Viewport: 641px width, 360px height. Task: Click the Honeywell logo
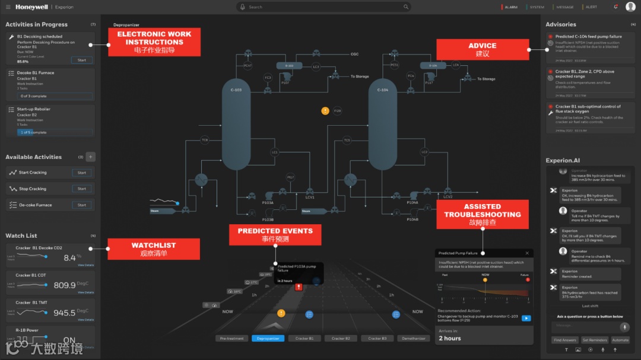click(31, 7)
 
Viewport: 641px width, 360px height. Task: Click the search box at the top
click(323, 7)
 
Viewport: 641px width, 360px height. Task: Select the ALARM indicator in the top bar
click(510, 7)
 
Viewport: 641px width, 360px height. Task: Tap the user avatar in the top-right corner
click(630, 7)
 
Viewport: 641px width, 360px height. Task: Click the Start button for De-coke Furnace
click(82, 205)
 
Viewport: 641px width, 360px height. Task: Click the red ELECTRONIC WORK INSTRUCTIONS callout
click(154, 42)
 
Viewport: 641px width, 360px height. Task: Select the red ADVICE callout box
click(482, 49)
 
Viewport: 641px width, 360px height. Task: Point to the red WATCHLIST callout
click(153, 249)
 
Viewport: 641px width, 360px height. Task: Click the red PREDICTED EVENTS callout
click(275, 234)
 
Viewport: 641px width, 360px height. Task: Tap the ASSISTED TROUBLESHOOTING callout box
click(482, 215)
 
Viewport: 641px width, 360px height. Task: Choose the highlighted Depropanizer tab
click(268, 338)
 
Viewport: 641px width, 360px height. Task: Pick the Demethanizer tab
click(413, 338)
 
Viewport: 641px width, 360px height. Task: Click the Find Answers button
click(564, 340)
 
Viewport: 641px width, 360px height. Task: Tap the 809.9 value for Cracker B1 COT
click(65, 285)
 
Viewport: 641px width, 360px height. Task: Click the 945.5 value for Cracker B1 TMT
click(65, 313)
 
